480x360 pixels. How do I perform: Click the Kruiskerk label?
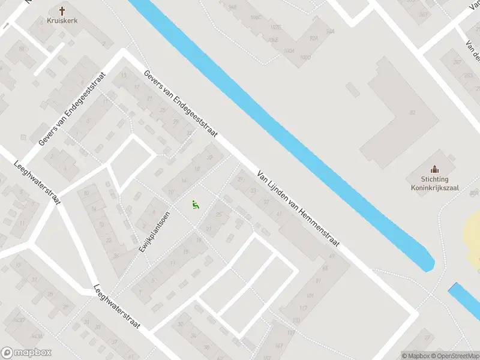[x=62, y=20]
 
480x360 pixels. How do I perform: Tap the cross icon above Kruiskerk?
[x=62, y=10]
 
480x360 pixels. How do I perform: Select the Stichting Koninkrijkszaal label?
[x=434, y=182]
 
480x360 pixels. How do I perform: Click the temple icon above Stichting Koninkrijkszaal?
[x=435, y=169]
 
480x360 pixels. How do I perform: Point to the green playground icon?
[x=194, y=205]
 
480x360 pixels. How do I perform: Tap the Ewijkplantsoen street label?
[x=155, y=230]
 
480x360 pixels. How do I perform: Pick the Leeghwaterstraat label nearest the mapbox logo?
[x=116, y=306]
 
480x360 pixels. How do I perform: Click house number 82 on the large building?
[x=412, y=113]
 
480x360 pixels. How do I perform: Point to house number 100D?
[x=305, y=57]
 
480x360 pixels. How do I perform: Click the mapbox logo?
[x=25, y=353]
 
